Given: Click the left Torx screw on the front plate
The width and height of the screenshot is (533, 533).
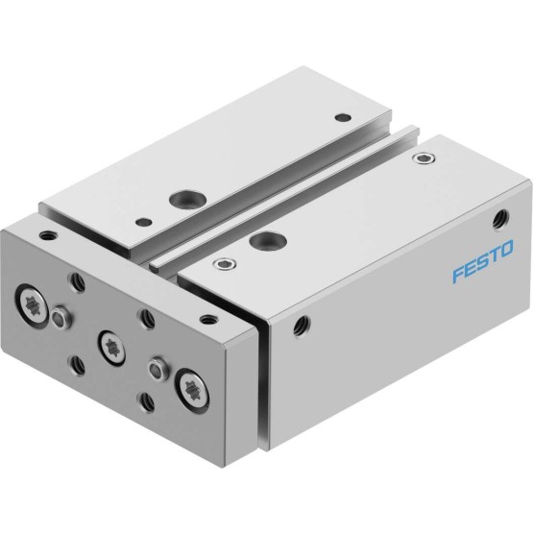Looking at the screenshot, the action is pyautogui.click(x=32, y=302).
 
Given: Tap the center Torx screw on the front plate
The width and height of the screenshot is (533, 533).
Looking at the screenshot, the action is pyautogui.click(x=111, y=348).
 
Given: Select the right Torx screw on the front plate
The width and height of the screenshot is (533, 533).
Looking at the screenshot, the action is pyautogui.click(x=192, y=391).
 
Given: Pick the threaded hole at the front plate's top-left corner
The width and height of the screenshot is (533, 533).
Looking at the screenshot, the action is pyautogui.click(x=48, y=234).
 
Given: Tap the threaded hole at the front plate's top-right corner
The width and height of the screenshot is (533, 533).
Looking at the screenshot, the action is pyautogui.click(x=208, y=319).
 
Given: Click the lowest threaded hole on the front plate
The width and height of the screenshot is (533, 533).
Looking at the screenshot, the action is pyautogui.click(x=147, y=402).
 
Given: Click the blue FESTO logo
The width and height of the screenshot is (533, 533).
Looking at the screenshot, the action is pyautogui.click(x=483, y=261).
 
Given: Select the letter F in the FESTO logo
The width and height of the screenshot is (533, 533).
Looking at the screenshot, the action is pyautogui.click(x=458, y=275).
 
